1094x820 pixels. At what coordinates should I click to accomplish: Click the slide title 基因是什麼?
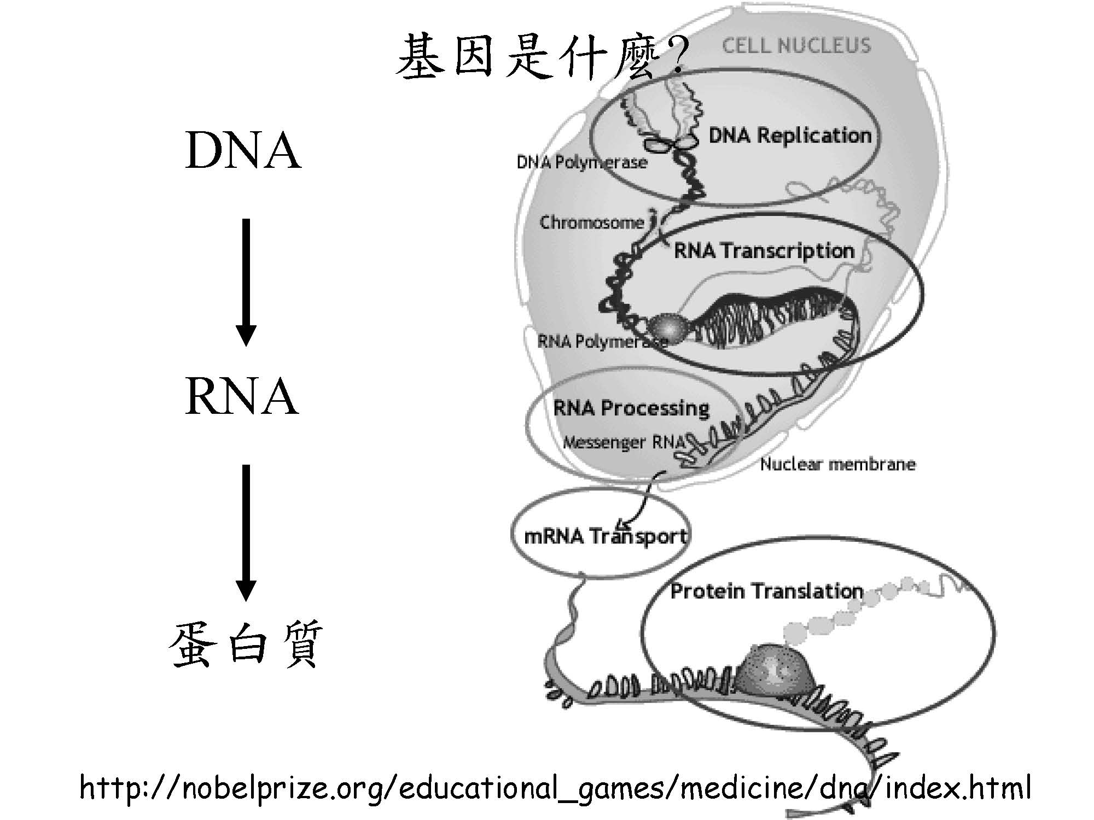coord(539,57)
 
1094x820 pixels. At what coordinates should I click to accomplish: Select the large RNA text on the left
coord(242,397)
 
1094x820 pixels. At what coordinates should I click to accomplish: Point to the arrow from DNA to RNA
coord(246,282)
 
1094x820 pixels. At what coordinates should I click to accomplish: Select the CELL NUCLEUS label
coord(796,45)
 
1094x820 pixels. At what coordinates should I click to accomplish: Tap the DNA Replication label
coord(790,135)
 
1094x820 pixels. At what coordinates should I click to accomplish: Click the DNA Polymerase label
coord(582,162)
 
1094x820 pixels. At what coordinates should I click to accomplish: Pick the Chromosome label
coord(592,222)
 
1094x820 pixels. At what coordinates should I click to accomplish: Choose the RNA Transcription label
coord(764,251)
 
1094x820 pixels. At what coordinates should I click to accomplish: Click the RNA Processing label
coord(631,408)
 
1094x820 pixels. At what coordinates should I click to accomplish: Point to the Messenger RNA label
coord(624,442)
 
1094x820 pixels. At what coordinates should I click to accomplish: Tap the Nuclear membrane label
coord(837,465)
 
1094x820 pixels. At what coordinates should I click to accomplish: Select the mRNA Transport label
coord(605,536)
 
